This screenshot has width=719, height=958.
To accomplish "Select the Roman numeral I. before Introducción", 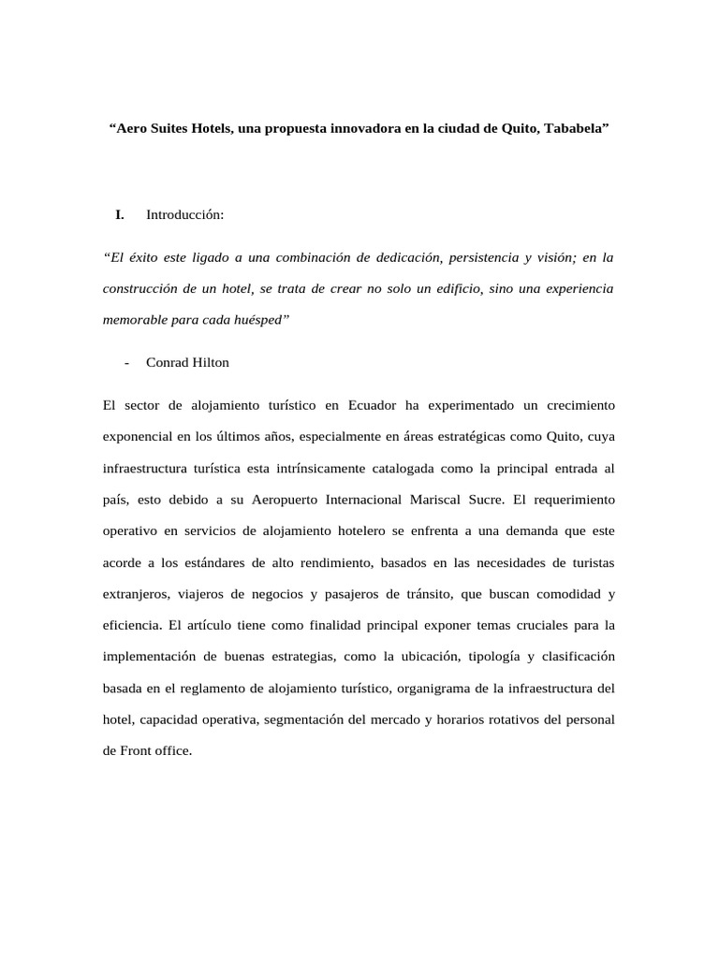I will click(x=120, y=215).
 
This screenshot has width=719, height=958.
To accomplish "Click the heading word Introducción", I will click(x=185, y=215).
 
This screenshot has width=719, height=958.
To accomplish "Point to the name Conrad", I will click(x=168, y=362).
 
